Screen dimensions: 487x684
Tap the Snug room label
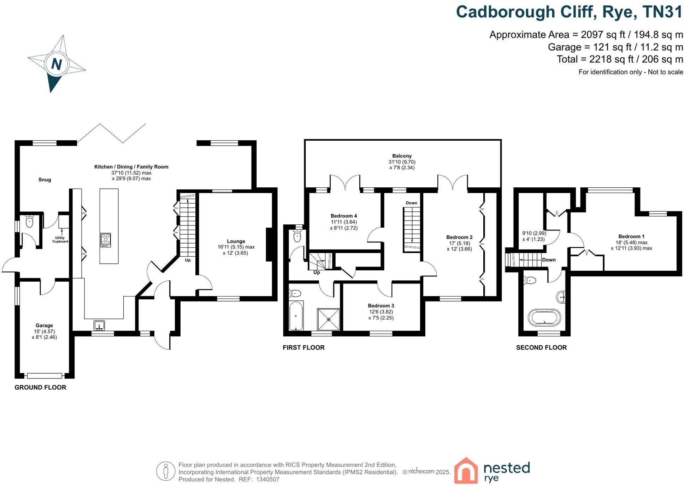[45, 180]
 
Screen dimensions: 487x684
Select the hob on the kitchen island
[106, 240]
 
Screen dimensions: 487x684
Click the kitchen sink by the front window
[99, 325]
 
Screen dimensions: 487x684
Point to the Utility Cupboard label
[60, 240]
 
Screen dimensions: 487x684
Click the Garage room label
[44, 325]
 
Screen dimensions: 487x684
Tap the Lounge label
[236, 241]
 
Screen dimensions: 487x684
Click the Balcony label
[402, 156]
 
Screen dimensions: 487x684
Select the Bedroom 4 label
[343, 216]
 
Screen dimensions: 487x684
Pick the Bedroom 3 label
[381, 306]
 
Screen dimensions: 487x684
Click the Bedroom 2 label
[459, 237]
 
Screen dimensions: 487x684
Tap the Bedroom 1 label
[631, 236]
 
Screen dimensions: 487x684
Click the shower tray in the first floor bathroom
[329, 319]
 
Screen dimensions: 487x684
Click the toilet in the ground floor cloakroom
[29, 222]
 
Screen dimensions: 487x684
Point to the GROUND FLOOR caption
[40, 387]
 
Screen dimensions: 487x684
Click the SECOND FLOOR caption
[541, 348]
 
